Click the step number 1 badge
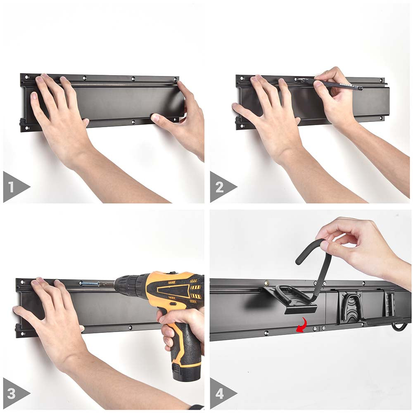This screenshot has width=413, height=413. tap(12, 187)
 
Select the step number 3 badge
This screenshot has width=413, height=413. tap(12, 393)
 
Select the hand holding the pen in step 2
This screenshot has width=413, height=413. tap(330, 99)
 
